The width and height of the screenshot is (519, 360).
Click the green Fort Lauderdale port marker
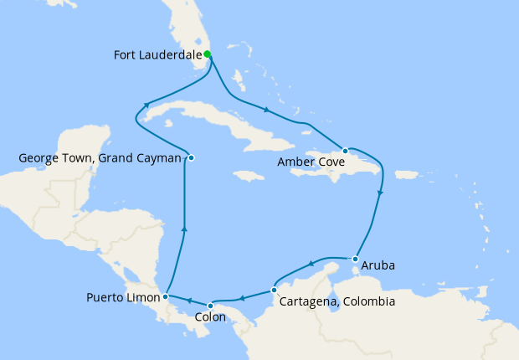tap(208, 55)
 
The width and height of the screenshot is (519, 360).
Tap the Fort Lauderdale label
tap(158, 56)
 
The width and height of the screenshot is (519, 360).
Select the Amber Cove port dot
tap(345, 151)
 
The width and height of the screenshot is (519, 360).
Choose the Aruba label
tap(378, 266)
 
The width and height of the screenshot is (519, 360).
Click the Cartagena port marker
tap(275, 290)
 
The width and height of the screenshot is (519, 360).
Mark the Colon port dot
tap(210, 306)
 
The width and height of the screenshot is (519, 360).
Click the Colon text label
tap(209, 317)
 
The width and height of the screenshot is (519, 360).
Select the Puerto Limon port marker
tap(167, 296)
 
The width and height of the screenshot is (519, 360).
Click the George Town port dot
tap(192, 157)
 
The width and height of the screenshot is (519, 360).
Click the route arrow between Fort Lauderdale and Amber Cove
tap(266, 110)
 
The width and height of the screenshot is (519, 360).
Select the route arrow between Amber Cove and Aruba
tap(381, 194)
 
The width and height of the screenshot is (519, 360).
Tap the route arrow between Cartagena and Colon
tap(240, 298)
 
